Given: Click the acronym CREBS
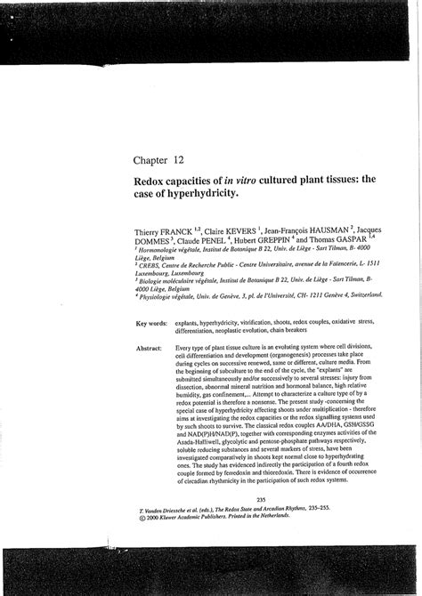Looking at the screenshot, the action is tap(154, 263).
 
